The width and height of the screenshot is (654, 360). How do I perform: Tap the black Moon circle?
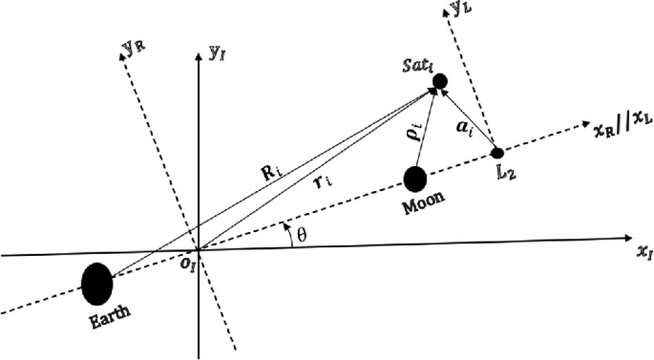415,179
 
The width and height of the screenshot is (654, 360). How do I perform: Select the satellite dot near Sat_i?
440,82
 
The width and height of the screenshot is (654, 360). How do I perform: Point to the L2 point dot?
496,153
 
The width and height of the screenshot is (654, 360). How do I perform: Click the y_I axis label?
216,53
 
